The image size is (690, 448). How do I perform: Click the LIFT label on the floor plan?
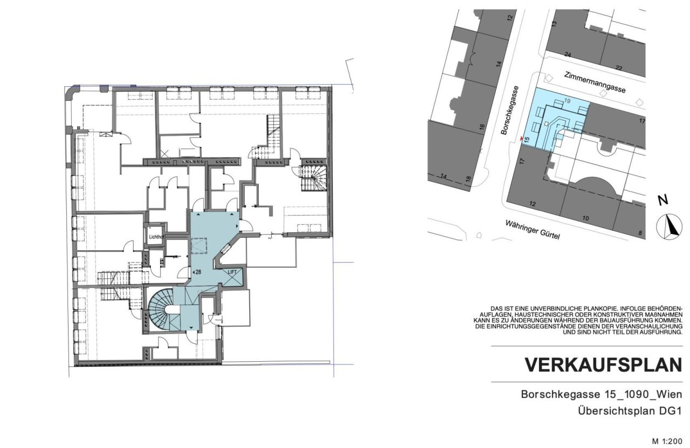coord(232,273)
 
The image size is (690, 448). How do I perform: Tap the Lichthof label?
coord(155,236)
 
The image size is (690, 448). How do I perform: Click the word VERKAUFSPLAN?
coord(603,365)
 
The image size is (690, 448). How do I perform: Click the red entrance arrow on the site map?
coord(521,140)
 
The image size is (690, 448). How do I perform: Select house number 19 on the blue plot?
coord(567,101)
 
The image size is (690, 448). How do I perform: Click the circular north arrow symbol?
coord(669,226)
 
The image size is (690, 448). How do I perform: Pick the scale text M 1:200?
coord(667,441)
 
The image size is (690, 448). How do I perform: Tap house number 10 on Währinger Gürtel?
coord(585,218)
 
